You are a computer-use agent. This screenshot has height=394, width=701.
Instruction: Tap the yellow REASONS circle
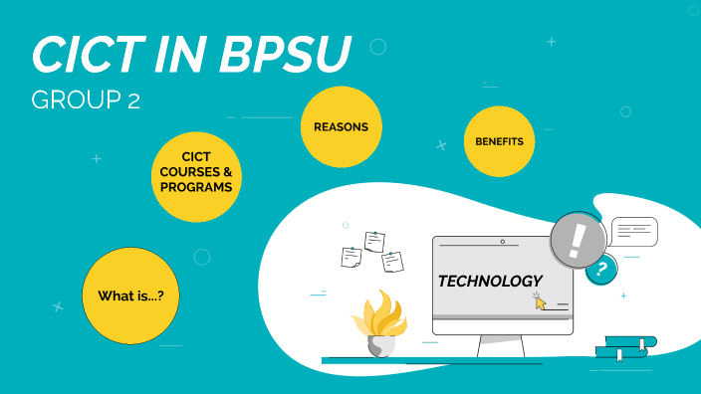tap(341, 127)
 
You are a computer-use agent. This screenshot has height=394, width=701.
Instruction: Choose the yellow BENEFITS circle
tap(499, 142)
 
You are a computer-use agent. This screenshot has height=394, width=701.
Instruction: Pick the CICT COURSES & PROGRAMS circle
tap(199, 172)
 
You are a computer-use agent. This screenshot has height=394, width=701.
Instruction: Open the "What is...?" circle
tap(130, 296)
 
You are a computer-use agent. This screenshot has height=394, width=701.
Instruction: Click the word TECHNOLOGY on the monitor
tap(490, 282)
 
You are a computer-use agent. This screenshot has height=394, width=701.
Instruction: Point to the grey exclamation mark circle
tap(579, 241)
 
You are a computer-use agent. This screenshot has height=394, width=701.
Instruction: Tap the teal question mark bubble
tap(600, 269)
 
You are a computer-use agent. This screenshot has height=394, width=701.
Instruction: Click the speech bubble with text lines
tap(634, 231)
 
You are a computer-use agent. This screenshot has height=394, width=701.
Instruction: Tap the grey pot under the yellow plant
tap(380, 345)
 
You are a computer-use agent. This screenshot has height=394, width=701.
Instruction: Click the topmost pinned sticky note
tap(374, 241)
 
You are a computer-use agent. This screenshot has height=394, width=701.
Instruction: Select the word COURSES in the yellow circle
tap(199, 172)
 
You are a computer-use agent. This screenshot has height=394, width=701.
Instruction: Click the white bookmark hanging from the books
tap(618, 354)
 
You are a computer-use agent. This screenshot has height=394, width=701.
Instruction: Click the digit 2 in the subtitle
tap(133, 100)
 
